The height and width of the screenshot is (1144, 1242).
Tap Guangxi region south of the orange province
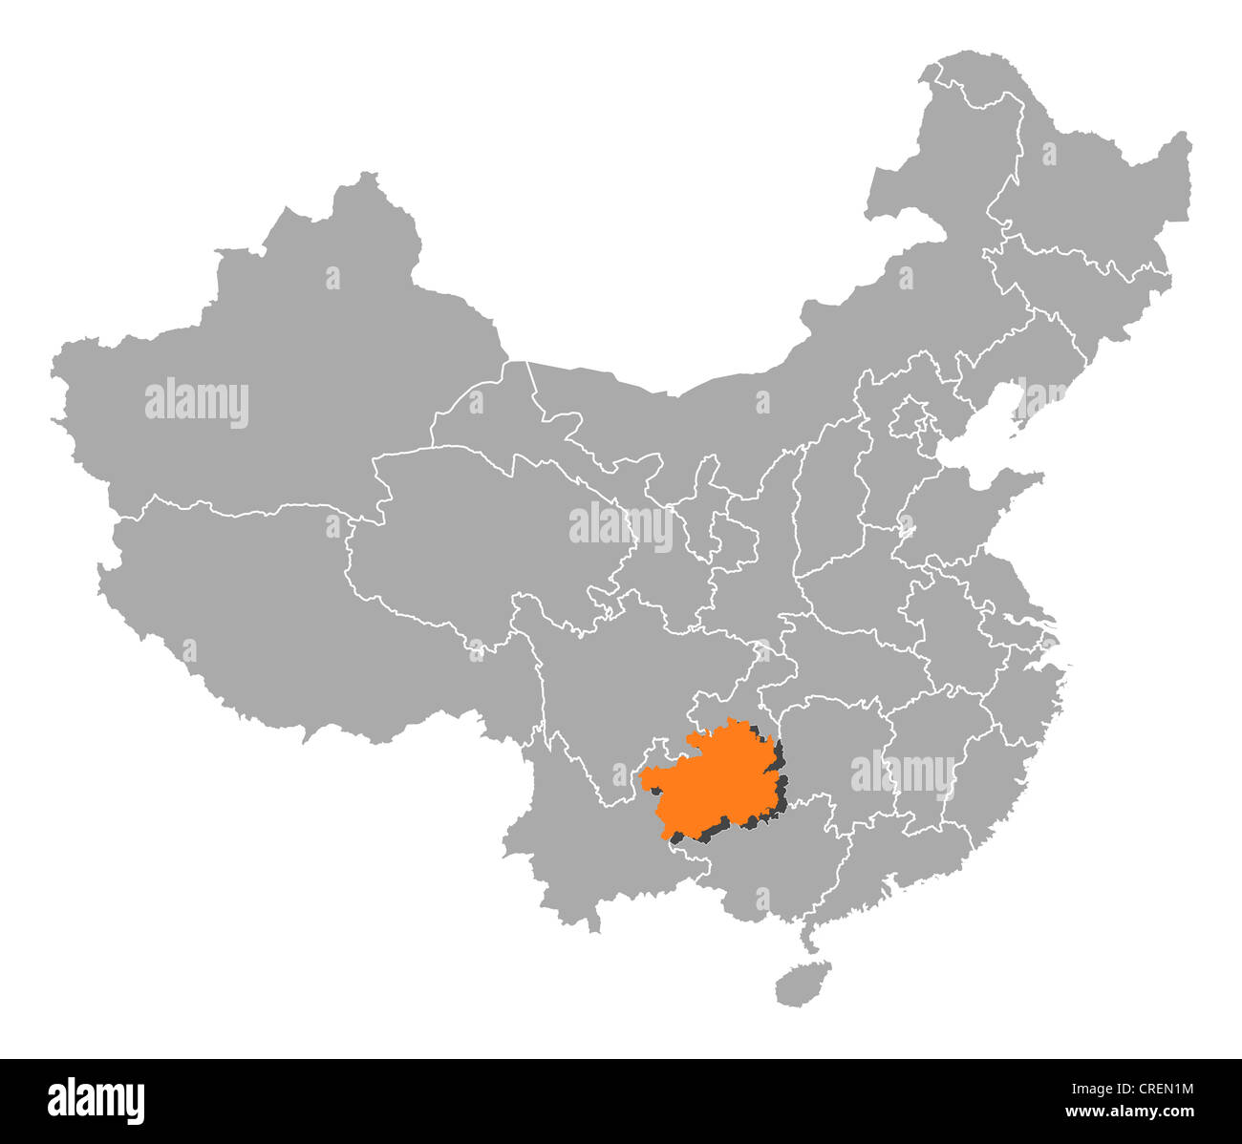point(774,859)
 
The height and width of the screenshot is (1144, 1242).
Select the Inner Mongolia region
point(764,382)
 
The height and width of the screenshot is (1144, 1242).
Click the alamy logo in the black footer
point(96,1100)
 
